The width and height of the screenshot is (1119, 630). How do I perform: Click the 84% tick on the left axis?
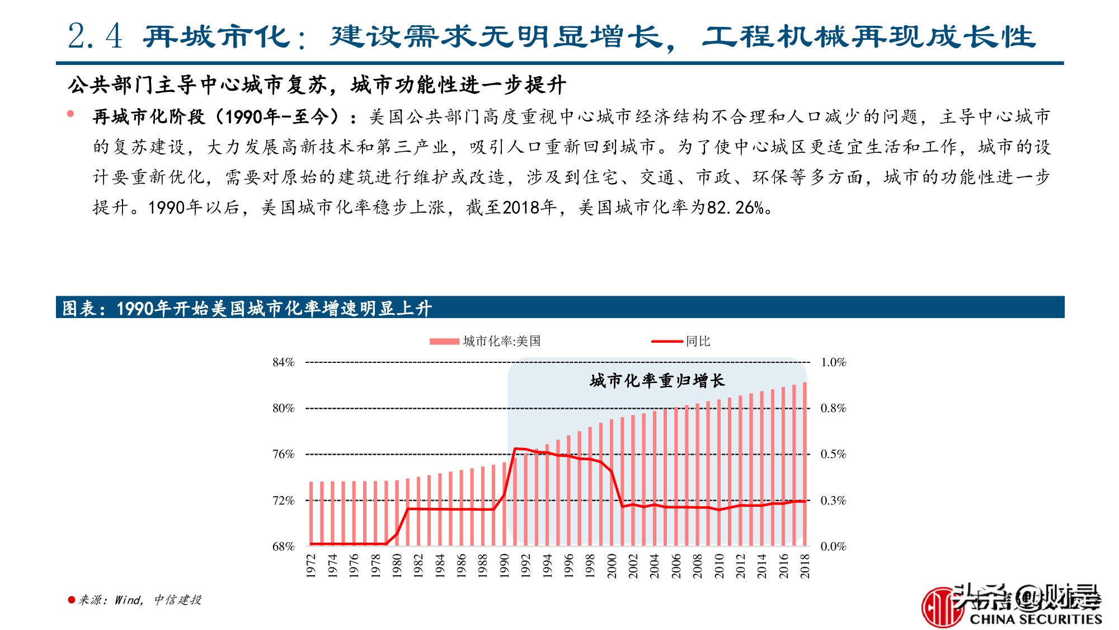[283, 362]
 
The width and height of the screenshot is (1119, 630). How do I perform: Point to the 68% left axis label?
[283, 547]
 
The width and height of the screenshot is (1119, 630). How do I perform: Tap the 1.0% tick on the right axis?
[833, 362]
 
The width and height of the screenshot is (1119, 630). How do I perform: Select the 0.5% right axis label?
[833, 454]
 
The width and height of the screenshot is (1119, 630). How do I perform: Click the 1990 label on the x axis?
[504, 566]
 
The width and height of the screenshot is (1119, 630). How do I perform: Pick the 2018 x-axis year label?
[805, 566]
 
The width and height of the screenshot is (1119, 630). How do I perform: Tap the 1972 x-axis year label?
[311, 566]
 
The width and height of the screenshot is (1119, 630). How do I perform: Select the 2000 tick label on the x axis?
[612, 566]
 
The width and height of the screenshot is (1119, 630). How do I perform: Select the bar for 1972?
[311, 514]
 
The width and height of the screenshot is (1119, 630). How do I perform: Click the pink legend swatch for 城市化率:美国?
[444, 342]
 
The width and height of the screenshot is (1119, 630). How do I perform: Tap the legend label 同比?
[698, 341]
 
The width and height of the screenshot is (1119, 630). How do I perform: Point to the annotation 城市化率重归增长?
[657, 381]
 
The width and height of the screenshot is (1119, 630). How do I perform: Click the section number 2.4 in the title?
[95, 37]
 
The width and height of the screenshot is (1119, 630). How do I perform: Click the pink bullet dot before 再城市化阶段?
[70, 114]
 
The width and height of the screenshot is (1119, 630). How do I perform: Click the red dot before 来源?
[71, 600]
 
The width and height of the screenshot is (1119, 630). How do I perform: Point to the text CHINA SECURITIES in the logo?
[1035, 619]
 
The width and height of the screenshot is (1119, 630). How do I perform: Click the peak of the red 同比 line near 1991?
[515, 449]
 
